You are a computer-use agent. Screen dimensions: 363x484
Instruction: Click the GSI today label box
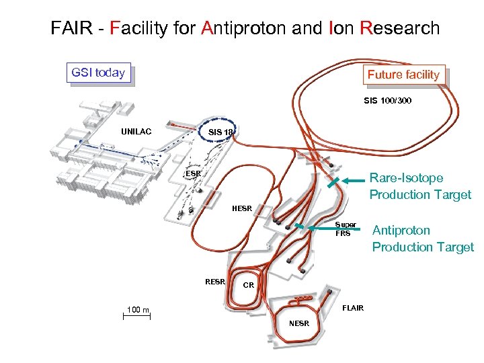pos(98,73)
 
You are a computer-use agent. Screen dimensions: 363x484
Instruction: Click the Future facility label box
pos(403,75)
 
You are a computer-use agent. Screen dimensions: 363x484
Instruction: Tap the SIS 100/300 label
pos(388,101)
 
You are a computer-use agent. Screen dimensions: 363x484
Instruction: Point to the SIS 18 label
pos(220,132)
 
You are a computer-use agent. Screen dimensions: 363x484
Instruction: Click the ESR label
pos(193,173)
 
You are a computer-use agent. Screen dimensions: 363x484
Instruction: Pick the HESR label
pos(241,208)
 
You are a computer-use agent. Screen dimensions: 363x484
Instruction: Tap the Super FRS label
pos(346,229)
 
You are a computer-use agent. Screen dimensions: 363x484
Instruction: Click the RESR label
pos(215,281)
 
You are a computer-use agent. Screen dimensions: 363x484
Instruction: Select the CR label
pos(248,285)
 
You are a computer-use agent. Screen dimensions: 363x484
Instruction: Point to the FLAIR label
pos(353,308)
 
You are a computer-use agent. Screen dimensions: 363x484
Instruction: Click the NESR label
pos(299,323)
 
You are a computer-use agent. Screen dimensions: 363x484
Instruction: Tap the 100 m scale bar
pos(136,315)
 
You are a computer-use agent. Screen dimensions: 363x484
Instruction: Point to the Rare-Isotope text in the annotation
pos(407,178)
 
